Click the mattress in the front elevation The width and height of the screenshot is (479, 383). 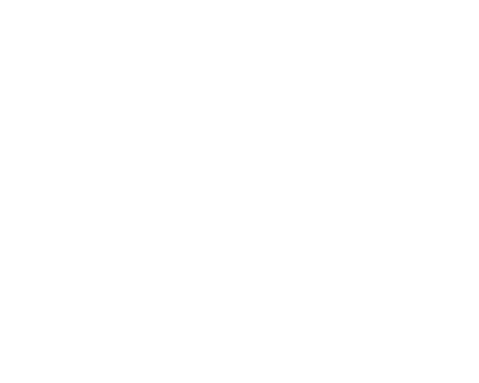coord(153,90)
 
